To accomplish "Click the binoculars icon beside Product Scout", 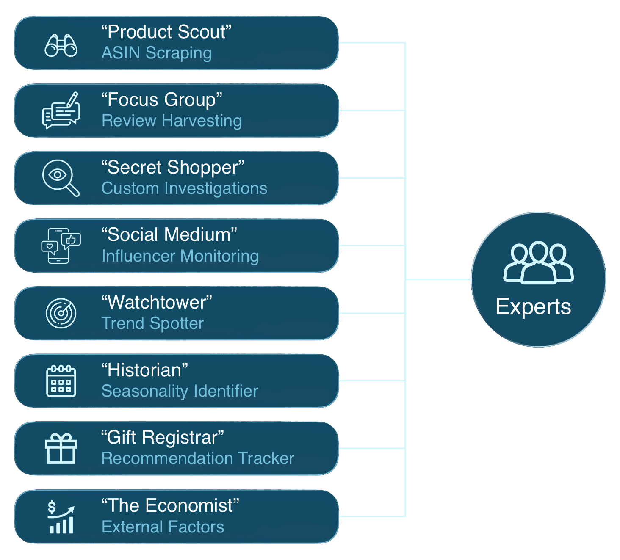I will coord(61,45).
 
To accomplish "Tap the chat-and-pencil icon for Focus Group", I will coord(61,111).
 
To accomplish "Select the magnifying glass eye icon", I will coord(61,178).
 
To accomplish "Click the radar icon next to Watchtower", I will coord(61,313).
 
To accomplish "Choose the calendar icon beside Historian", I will coord(61,381).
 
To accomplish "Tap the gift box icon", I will coord(61,449).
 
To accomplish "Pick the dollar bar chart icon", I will coord(61,516).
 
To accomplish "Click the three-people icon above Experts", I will coord(538,262).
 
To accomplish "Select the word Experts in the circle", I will coord(533,306).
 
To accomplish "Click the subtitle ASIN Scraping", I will coord(157,53).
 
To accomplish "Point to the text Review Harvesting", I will coord(172,121).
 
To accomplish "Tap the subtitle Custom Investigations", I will coord(184,188).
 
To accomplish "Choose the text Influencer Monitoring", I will coord(180,256).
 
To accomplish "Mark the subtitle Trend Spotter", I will coord(152,323).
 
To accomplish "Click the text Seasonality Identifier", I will coord(180,391).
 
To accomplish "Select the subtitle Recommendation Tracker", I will coord(198,458).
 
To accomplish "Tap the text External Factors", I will coord(163,527).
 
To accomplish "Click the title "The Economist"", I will coord(170,505).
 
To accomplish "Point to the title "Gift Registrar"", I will coord(163,438).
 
